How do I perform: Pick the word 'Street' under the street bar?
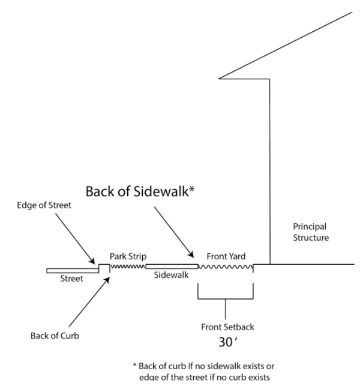click(x=71, y=279)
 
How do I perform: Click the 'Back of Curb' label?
click(x=55, y=335)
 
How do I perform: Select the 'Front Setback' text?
click(x=226, y=327)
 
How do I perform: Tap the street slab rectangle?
click(x=73, y=270)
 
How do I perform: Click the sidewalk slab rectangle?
click(x=172, y=265)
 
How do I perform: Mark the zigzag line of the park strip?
click(x=128, y=265)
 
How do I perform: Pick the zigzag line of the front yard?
click(x=226, y=265)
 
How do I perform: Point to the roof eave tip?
click(x=221, y=78)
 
